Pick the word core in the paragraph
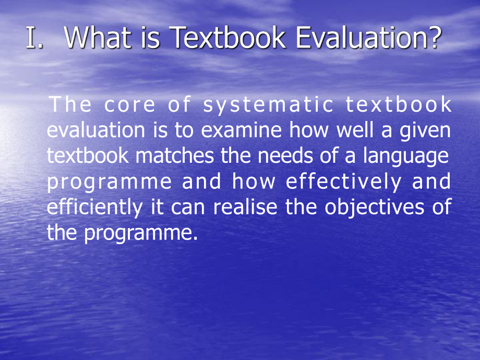[x=130, y=105]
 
